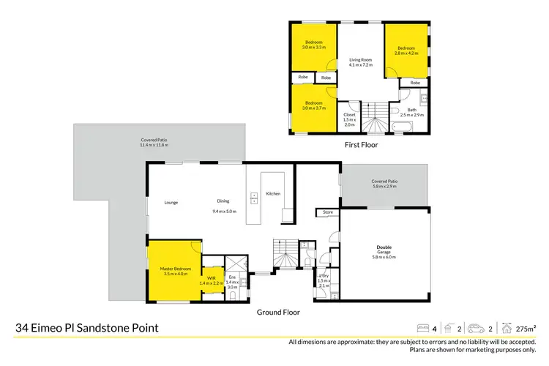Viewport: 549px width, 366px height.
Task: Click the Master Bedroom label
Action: [x=175, y=272]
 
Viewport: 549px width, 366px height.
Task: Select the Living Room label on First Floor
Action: [x=360, y=62]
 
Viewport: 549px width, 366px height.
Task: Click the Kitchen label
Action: [x=273, y=193]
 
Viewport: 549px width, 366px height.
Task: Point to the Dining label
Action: [x=223, y=202]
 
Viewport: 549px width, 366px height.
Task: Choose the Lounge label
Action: [x=171, y=202]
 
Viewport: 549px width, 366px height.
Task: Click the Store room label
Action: [x=327, y=213]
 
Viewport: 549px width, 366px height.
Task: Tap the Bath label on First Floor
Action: [x=412, y=112]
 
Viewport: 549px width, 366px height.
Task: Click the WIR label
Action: [x=211, y=280]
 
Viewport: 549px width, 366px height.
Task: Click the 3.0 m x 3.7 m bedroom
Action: [x=313, y=105]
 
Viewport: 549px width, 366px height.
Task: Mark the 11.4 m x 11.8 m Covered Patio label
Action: [x=154, y=143]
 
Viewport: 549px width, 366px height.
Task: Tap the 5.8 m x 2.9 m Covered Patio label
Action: [x=384, y=184]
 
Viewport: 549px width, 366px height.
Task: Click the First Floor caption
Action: [x=360, y=145]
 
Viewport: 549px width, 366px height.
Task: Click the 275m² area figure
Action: [x=526, y=329]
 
